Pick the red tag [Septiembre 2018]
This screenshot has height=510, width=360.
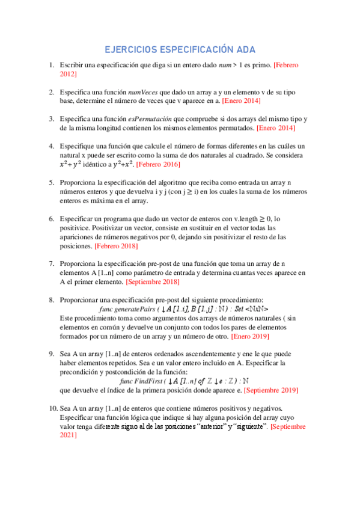159,281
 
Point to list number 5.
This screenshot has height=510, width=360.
51,181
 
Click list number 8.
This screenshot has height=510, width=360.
51,300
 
